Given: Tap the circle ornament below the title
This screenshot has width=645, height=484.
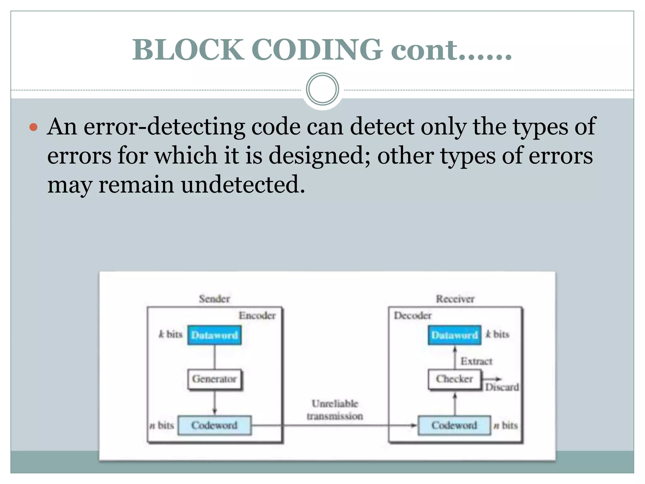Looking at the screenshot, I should coord(322,89).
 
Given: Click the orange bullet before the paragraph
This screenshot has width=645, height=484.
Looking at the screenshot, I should coord(33,128).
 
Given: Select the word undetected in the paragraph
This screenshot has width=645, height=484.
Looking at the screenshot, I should coord(243,185).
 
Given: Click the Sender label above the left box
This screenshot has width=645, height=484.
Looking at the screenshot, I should coord(214,299).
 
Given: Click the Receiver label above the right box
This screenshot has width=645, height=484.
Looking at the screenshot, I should coord(455,299).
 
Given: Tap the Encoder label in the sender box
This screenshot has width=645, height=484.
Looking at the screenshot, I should coord(257,315).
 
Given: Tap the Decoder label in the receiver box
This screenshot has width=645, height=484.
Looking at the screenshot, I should coord(413,315).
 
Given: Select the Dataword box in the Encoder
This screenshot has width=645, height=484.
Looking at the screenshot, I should coord(214,335).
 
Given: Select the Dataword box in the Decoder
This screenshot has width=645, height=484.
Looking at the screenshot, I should coord(454,335).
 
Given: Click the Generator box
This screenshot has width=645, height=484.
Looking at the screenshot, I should coord(214,379).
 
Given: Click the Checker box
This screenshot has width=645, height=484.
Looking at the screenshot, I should coord(454,379).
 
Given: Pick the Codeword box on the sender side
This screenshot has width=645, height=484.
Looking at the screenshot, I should coord(214,425).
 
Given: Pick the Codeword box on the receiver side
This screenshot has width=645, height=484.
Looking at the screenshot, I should coord(454,425).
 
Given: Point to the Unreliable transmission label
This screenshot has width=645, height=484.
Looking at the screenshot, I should coord(335,410).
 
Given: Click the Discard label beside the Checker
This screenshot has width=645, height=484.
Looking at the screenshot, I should coord(502,387).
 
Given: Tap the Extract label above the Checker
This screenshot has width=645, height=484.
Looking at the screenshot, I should coord(476,361).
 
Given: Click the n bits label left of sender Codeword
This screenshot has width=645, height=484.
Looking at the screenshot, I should coord(162,425).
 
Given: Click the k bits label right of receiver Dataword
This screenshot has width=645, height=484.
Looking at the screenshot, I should coord(497,334).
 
